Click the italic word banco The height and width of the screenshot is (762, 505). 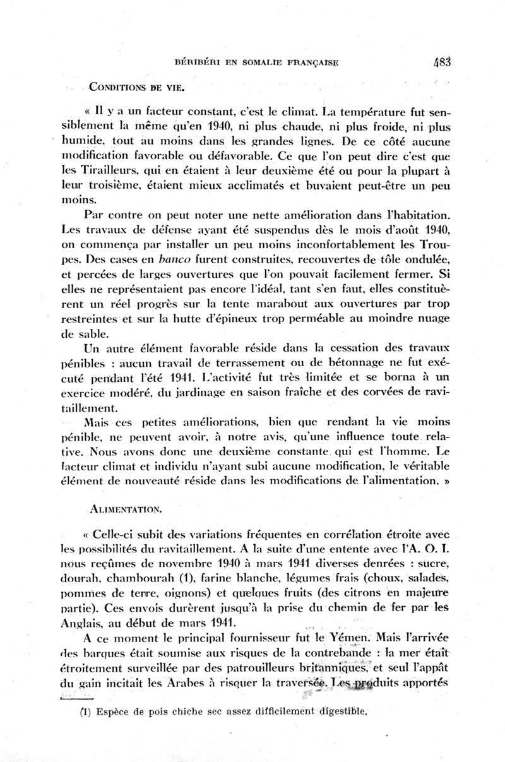coord(175,259)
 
